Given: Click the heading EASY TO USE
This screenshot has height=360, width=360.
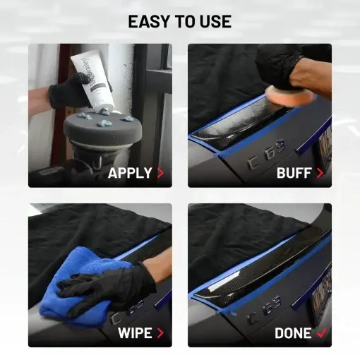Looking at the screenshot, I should (x=179, y=21).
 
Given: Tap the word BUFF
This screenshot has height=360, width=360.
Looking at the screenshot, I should (x=294, y=172).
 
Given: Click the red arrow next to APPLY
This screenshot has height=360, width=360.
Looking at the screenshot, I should (x=161, y=172).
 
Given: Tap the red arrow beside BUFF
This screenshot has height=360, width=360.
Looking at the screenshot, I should (x=320, y=172).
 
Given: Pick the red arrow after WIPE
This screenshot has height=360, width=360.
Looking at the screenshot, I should (x=161, y=332).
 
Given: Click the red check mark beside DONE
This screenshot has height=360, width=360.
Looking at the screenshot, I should (x=322, y=332).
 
